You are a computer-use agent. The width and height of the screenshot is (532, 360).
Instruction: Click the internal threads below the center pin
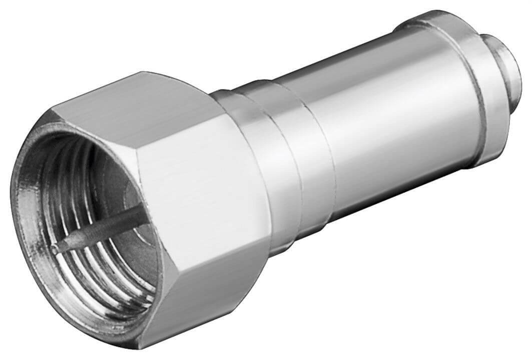click(x=100, y=280)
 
